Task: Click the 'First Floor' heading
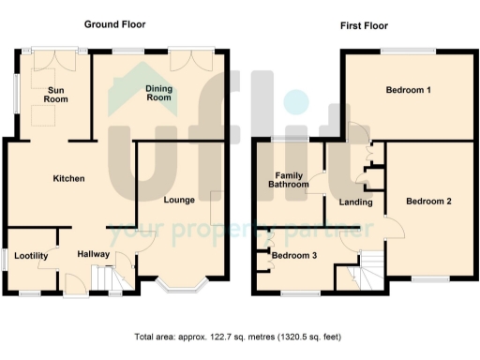tap(364, 25)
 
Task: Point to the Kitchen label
tap(68, 178)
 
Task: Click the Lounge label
tap(178, 200)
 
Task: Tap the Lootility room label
tap(31, 254)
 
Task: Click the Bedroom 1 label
tap(409, 90)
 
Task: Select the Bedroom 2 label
tap(428, 201)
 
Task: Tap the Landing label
tap(356, 202)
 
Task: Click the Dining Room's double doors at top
tap(196, 56)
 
